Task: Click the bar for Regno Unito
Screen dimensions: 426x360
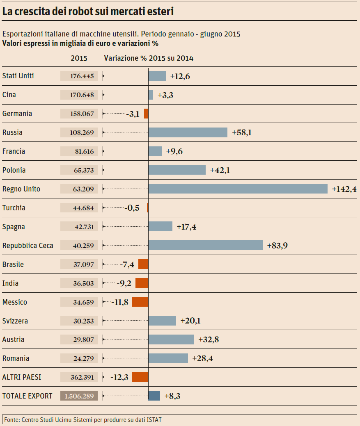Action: pos(238,189)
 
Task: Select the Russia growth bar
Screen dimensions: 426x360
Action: pos(188,132)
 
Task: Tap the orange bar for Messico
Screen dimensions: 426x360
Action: pos(140,302)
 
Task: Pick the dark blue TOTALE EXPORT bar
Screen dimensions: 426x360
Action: pos(154,396)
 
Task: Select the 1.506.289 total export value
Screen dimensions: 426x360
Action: pos(79,396)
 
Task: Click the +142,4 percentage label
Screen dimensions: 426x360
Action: pos(344,189)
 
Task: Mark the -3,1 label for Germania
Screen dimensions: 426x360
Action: pos(133,114)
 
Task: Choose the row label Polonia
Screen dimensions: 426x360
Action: pos(14,170)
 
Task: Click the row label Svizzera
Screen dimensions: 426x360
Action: pos(15,321)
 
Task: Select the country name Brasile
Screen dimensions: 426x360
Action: pos(13,264)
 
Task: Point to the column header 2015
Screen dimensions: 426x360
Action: pos(79,58)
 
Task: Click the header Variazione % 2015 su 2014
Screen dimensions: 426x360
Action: pos(149,58)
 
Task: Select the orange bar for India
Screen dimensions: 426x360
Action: pos(142,283)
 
